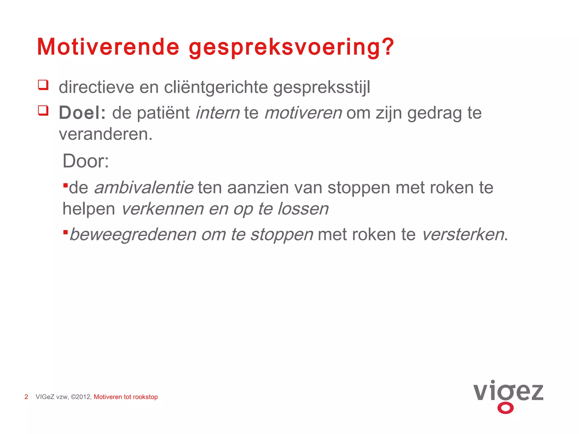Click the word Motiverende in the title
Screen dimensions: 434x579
[x=108, y=47]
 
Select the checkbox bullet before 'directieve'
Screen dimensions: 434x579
[x=43, y=85]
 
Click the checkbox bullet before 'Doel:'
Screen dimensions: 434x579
[x=43, y=110]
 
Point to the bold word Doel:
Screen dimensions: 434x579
[x=82, y=113]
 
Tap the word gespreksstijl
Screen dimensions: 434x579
[x=321, y=88]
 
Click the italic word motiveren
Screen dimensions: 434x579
[x=303, y=113]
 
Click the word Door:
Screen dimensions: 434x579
[x=86, y=161]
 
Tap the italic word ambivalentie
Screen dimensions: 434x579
[x=144, y=188]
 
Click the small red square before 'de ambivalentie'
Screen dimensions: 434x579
[x=66, y=186]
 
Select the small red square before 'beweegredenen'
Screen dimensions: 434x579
[x=66, y=232]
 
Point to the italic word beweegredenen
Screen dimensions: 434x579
[x=133, y=235]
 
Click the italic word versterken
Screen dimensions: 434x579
[x=463, y=235]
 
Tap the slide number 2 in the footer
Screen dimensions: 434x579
[x=26, y=397]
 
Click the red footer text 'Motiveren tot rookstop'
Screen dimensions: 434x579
[x=126, y=397]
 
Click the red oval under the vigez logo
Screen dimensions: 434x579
[x=505, y=408]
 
